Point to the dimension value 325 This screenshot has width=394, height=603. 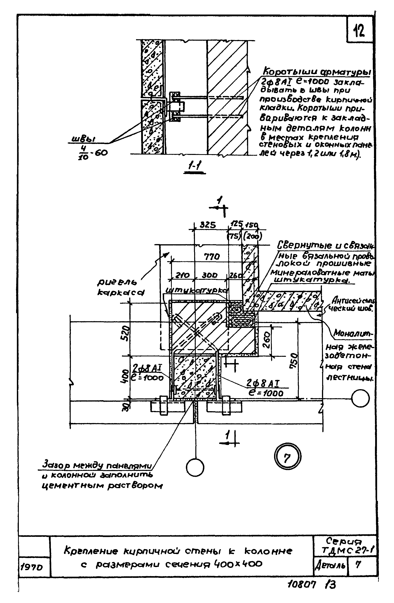208,225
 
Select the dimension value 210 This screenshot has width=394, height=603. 182,275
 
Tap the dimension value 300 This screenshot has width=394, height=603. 210,275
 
